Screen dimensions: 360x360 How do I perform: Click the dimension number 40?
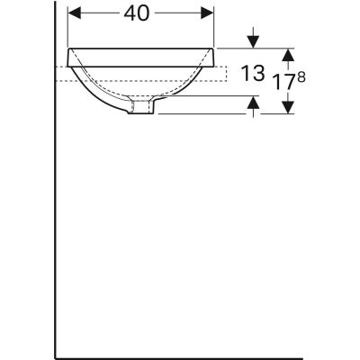pos(141,13)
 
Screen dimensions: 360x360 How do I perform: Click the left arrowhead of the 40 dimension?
pos(75,13)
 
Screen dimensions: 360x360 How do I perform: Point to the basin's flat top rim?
pos(144,48)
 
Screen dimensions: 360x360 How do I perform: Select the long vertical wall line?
pos(55,225)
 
